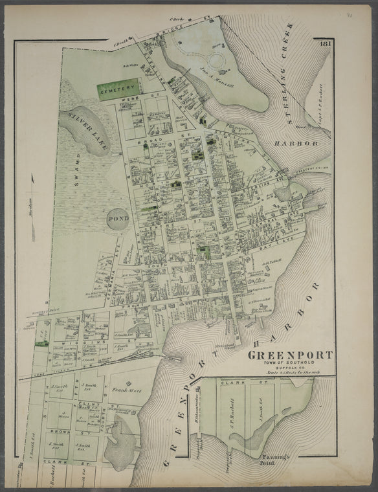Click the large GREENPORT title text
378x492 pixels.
coord(290,355)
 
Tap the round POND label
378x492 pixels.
coord(117,219)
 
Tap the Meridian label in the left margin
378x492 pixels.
coord(30,212)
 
